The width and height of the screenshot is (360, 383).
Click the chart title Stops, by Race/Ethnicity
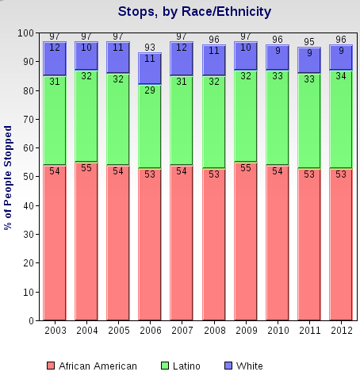click(x=194, y=12)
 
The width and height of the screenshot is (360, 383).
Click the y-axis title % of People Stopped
click(x=9, y=178)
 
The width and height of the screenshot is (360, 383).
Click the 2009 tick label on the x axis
click(x=246, y=330)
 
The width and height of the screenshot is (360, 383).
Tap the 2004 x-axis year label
click(x=86, y=330)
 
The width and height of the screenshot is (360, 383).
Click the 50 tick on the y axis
click(x=28, y=177)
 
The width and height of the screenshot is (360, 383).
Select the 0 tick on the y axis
click(x=30, y=320)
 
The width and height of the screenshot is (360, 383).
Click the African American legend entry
click(x=92, y=366)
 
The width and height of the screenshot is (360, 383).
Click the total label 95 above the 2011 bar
click(x=309, y=42)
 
